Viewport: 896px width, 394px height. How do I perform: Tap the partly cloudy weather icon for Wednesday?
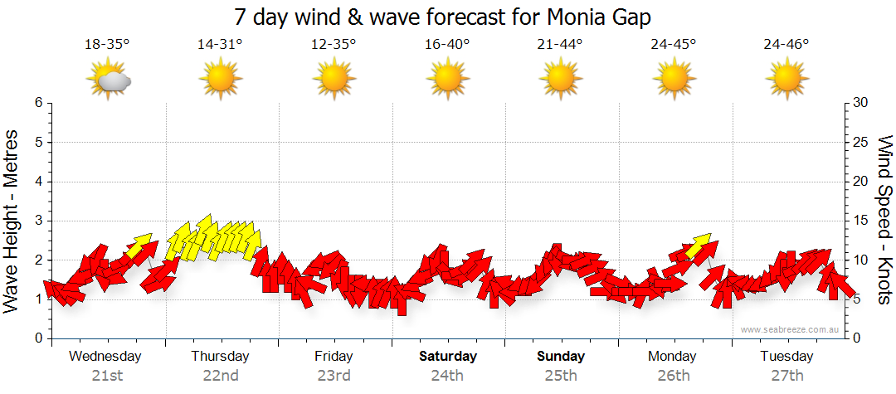pos(109,80)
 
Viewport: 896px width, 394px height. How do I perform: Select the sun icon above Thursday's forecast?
pos(221,80)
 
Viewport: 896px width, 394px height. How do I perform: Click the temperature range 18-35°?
pos(107,44)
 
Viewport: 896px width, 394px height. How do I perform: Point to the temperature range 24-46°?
pos(786,44)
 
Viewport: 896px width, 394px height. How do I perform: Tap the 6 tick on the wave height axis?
pos(38,103)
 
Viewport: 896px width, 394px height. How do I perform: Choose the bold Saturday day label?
pos(447,357)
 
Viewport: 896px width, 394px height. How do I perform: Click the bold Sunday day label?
pos(561,357)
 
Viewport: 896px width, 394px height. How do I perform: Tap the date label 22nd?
pos(221,376)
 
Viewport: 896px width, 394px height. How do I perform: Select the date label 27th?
pos(786,376)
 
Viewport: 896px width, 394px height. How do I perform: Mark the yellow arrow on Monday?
pos(699,246)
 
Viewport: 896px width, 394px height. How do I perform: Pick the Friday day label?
pos(334,357)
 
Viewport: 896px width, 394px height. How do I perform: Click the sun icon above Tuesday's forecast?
pos(786,80)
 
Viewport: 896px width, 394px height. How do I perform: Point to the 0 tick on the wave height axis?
pos(38,338)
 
